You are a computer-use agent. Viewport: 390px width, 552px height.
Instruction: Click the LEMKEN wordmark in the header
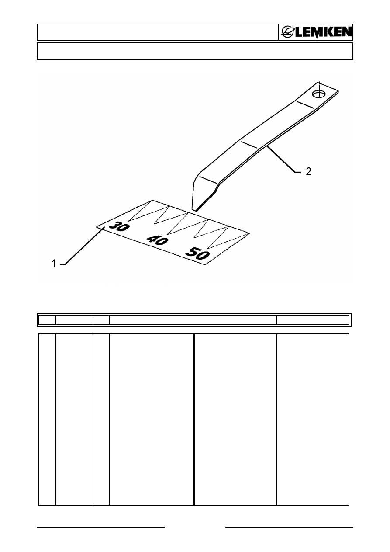point(323,32)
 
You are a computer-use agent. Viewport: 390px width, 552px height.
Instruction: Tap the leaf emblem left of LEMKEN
point(287,32)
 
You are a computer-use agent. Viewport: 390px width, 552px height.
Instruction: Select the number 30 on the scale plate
point(119,226)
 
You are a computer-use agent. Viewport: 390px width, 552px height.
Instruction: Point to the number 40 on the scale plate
point(158,240)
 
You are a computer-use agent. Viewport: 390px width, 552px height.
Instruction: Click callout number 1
point(54,264)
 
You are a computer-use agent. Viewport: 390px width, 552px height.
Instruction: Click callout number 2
point(308,172)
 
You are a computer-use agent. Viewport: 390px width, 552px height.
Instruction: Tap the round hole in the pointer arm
point(319,94)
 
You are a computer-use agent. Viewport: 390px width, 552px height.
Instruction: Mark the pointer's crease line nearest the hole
point(305,104)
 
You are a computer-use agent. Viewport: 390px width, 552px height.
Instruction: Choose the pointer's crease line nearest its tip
point(208,180)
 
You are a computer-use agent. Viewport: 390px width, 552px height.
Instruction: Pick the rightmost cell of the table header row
point(313,320)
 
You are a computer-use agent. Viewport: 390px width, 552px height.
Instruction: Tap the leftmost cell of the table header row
point(47,320)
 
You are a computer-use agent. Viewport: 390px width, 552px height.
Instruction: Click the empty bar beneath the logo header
point(195,51)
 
